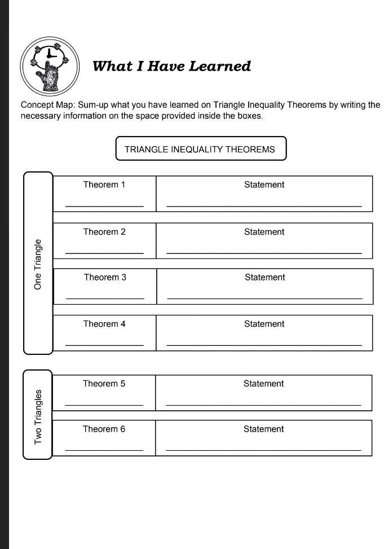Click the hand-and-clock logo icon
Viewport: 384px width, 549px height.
(x=49, y=66)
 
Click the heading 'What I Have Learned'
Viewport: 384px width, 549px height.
(x=171, y=66)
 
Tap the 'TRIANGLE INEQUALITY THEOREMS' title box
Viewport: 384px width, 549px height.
(x=200, y=149)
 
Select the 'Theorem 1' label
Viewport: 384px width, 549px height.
(x=104, y=185)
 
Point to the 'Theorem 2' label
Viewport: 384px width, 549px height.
(x=104, y=232)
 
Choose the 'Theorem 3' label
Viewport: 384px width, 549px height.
(x=105, y=277)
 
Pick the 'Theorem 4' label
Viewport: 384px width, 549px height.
(x=104, y=324)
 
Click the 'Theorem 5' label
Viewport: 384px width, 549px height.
(x=104, y=384)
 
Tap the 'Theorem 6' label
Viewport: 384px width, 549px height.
(x=104, y=429)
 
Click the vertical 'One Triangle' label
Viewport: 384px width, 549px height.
(x=38, y=264)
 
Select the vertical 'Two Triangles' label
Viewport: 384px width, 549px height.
(x=38, y=416)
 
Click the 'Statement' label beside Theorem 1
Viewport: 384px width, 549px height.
(x=264, y=185)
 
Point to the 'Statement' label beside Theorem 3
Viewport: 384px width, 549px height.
(x=264, y=277)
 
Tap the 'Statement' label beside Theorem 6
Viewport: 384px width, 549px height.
(x=263, y=429)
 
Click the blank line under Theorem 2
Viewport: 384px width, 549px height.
(x=104, y=253)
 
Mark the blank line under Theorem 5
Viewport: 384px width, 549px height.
(x=104, y=405)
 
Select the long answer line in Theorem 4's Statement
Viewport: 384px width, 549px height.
(x=264, y=345)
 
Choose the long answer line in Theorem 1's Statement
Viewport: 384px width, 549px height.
(x=264, y=207)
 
